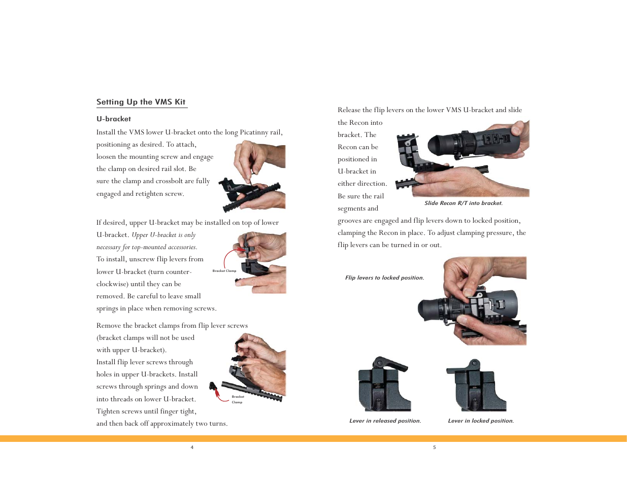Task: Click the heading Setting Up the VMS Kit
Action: coord(141,102)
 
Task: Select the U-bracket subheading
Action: coord(113,119)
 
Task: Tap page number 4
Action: coord(192,447)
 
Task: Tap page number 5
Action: coord(434,447)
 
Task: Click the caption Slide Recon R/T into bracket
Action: coord(464,203)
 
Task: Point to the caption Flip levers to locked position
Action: coord(385,278)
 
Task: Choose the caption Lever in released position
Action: coord(385,421)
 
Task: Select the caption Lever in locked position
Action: coord(481,421)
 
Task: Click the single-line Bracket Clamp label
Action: coord(224,271)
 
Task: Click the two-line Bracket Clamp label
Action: coord(238,399)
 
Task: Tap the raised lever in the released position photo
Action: coord(389,363)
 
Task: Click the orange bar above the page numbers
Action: coord(313,438)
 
